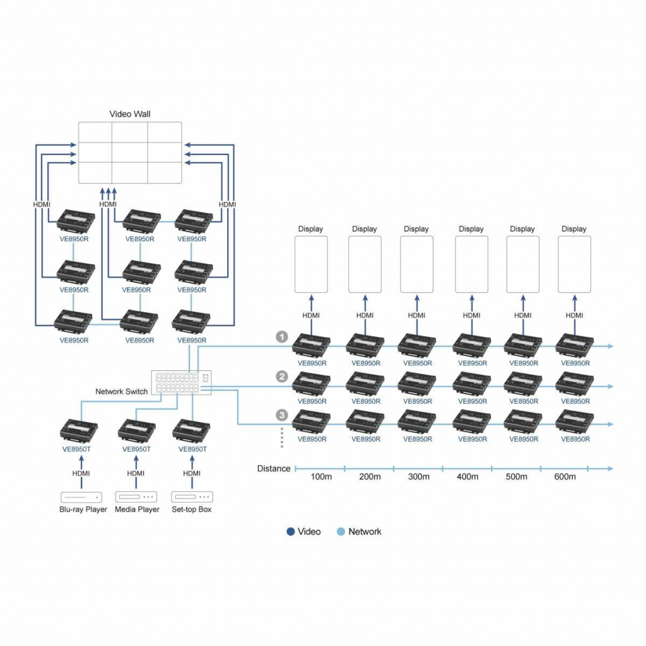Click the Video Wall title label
pyautogui.click(x=130, y=114)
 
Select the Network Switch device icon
pyautogui.click(x=181, y=383)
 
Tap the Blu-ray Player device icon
pyautogui.click(x=81, y=497)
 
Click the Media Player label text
pyautogui.click(x=137, y=509)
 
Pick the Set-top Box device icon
pyautogui.click(x=192, y=497)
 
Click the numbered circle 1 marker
pyautogui.click(x=282, y=337)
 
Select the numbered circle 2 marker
pyautogui.click(x=282, y=376)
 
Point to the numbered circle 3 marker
pyautogui.click(x=282, y=415)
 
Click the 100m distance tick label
pyautogui.click(x=321, y=477)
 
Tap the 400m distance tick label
pyautogui.click(x=467, y=477)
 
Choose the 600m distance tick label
pyautogui.click(x=565, y=477)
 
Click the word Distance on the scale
pyautogui.click(x=274, y=469)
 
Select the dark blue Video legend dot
pyautogui.click(x=290, y=531)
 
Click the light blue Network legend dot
pyautogui.click(x=341, y=531)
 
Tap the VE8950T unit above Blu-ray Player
pyautogui.click(x=79, y=430)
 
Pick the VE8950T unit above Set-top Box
pyautogui.click(x=191, y=430)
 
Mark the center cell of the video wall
pyautogui.click(x=130, y=153)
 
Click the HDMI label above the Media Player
pyautogui.click(x=136, y=473)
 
